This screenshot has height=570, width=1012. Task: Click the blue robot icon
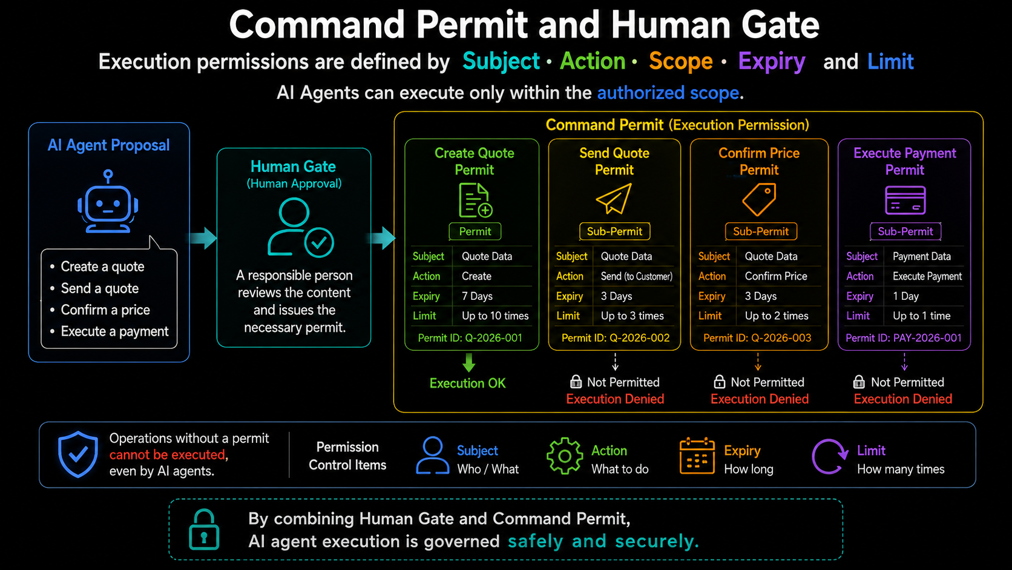tap(108, 202)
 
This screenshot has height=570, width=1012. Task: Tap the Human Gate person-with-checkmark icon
tap(300, 228)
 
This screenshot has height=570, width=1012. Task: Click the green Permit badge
tap(475, 231)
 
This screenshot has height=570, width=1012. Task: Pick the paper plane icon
tap(614, 198)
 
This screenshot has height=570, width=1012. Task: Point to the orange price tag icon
tap(759, 199)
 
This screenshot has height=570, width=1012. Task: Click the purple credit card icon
tap(905, 200)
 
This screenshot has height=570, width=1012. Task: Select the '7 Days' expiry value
tap(477, 296)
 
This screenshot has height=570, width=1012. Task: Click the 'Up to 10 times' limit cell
tap(495, 316)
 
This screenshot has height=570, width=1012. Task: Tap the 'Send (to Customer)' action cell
tap(637, 276)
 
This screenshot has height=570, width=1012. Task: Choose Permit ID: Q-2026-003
tap(757, 338)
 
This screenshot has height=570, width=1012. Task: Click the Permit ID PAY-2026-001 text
tap(904, 338)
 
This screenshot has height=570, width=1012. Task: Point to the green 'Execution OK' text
tap(468, 383)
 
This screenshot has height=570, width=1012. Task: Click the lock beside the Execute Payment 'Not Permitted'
tap(859, 382)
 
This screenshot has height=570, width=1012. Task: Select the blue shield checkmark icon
tap(77, 454)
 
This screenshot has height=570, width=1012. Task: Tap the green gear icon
tap(565, 456)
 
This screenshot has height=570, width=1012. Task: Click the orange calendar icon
tap(697, 456)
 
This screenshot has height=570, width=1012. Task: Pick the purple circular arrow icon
tap(829, 457)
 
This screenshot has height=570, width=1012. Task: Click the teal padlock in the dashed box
tap(204, 529)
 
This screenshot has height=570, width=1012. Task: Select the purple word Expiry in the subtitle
tap(772, 62)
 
